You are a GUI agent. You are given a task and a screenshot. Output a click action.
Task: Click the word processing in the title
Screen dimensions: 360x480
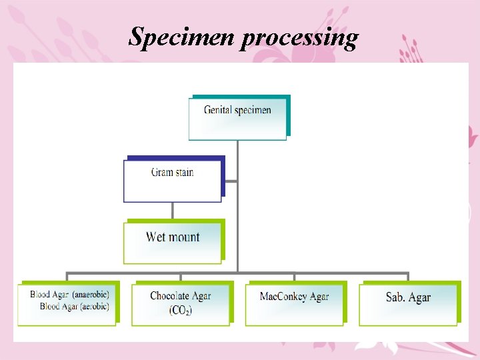299,39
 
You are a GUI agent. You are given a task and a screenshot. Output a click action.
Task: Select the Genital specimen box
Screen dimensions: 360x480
237,119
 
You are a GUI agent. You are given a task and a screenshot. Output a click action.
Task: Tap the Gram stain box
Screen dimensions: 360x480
172,180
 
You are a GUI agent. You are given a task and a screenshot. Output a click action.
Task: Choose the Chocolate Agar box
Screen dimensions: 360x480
180,305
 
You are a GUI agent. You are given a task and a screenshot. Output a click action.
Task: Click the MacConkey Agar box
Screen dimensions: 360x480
294,305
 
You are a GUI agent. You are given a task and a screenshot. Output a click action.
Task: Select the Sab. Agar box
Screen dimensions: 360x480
408,305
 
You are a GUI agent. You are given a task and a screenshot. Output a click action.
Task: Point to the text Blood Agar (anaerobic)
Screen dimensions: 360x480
69,294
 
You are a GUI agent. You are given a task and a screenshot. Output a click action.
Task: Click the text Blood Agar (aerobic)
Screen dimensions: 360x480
74,306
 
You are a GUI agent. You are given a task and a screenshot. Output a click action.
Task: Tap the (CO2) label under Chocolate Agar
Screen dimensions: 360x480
180,311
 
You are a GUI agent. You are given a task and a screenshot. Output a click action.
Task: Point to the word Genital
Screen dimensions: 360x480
219,110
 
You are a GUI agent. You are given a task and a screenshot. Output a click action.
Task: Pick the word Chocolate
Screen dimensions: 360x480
171,296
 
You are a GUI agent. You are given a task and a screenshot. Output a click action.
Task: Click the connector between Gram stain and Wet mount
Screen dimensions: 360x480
172,211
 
